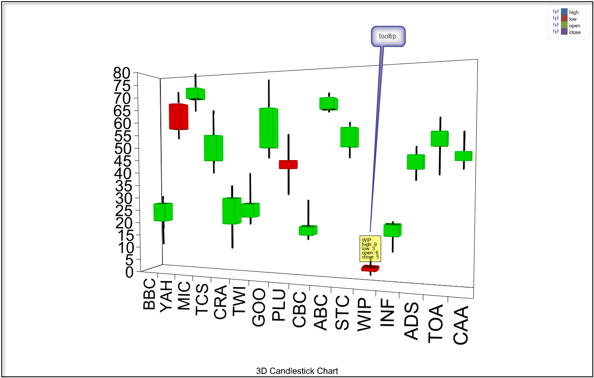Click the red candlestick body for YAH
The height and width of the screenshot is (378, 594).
coord(179,117)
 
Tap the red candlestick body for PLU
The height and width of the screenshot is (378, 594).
coord(288,165)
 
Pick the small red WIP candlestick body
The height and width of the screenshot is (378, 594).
coord(370,268)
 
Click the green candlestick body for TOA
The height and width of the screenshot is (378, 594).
coord(439,139)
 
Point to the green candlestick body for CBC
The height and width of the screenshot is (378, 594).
coord(308,230)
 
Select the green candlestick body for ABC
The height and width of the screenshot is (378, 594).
coord(329,103)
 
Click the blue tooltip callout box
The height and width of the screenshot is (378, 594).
coord(388,36)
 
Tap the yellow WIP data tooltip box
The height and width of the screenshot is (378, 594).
coord(370,249)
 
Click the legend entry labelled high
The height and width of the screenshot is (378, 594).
coord(573,12)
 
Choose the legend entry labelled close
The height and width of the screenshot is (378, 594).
coord(574,32)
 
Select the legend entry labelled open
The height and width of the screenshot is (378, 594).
coord(574,26)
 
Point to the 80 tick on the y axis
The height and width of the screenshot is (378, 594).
coord(122,73)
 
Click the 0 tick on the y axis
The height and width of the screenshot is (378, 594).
coord(129,272)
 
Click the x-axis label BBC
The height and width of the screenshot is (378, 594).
coord(149,294)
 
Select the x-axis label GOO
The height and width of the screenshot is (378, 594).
coord(258,307)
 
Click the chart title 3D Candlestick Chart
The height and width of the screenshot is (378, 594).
coord(297,371)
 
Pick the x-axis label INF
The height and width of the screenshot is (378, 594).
coord(387,313)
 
